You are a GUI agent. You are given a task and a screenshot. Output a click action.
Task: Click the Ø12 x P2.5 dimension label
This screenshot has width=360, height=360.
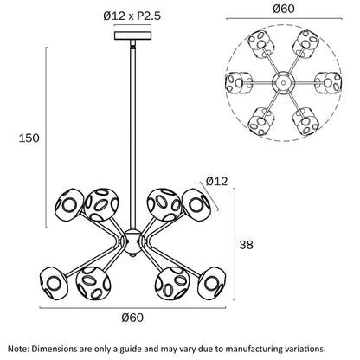point(132,16)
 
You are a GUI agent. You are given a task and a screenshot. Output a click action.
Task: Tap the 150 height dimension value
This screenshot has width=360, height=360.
point(29,138)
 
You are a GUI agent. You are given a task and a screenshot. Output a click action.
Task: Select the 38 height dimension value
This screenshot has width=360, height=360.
point(246,245)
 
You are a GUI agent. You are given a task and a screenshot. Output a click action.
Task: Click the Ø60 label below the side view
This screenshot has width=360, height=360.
point(132,318)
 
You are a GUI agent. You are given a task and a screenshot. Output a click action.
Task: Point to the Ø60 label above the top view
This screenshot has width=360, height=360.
point(284,9)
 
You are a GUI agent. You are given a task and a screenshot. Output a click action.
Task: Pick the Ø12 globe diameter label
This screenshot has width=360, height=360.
point(217,181)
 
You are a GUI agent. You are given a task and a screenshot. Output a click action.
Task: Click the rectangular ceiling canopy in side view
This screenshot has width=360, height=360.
point(132,35)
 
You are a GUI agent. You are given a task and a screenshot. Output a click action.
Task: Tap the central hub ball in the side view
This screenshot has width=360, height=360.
point(132,241)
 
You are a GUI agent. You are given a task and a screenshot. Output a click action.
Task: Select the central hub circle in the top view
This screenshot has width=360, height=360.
point(284,83)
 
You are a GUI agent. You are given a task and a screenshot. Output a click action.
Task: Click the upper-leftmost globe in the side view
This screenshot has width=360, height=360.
point(69,205)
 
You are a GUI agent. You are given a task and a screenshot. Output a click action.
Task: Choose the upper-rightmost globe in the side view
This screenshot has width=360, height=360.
point(196,205)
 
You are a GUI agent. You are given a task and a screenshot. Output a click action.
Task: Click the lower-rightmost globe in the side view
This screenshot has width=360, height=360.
point(212,283)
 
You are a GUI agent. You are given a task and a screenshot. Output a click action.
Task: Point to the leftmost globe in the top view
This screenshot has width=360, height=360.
point(239,82)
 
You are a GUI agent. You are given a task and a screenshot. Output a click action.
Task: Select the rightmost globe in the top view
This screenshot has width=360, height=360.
point(328,82)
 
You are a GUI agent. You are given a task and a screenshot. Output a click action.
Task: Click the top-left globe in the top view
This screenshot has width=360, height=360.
point(261,44)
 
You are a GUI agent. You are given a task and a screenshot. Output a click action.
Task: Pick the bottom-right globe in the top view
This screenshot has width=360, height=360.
point(305,121)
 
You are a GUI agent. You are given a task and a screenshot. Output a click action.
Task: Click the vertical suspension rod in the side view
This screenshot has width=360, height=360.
point(132,136)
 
